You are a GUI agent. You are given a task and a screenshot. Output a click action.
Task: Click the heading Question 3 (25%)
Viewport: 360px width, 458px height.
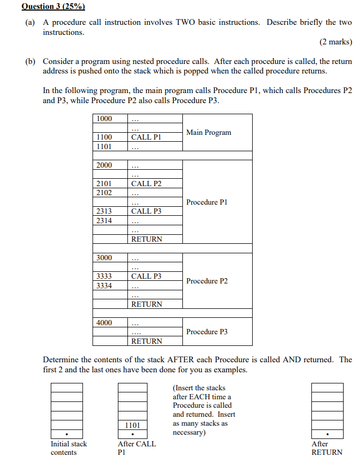pos(53,7)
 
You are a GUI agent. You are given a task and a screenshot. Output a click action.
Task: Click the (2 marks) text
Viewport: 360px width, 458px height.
pos(336,42)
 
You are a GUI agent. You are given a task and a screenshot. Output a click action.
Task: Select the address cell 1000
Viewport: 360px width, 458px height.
pos(105,118)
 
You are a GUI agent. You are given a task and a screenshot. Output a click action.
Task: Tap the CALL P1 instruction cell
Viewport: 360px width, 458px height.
pos(146,137)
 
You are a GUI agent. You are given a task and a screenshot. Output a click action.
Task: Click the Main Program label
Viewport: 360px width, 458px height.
pos(208,133)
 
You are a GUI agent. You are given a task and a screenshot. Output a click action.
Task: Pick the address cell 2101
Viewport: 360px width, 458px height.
pos(105,184)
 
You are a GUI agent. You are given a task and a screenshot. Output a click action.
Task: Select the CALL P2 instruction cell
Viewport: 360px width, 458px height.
pos(146,184)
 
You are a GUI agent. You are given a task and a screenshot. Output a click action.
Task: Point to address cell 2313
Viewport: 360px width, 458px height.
pos(105,211)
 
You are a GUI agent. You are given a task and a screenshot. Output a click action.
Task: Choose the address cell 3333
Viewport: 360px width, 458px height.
pos(105,276)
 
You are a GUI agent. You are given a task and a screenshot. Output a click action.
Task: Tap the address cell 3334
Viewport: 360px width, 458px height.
pos(105,286)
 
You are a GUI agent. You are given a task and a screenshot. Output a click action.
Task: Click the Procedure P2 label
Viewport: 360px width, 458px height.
pos(207,281)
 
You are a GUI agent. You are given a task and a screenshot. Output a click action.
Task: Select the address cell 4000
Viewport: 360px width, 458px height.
pos(105,323)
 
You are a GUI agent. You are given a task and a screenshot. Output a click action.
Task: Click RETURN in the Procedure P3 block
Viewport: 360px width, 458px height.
pos(146,341)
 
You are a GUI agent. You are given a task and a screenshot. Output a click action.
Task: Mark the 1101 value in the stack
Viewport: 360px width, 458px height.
pos(133,425)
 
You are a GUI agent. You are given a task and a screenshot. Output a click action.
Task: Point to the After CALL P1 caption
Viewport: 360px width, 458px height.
pos(136,448)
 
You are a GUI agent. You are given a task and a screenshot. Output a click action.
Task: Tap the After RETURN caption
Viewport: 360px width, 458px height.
pos(327,448)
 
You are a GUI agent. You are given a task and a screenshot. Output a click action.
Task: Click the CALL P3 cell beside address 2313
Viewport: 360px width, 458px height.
pos(146,211)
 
